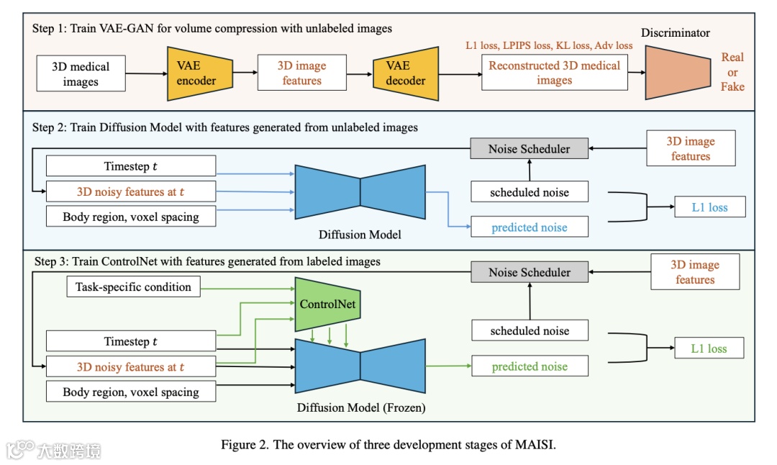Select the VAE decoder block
pyautogui.click(x=406, y=73)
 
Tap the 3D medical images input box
pyautogui.click(x=81, y=74)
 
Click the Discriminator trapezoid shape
pyautogui.click(x=677, y=72)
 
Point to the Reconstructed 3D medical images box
pyautogui.click(x=554, y=73)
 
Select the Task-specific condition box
pyautogui.click(x=134, y=287)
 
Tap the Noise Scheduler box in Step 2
pyautogui.click(x=529, y=149)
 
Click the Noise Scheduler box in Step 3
pyautogui.click(x=529, y=273)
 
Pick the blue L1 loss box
pyautogui.click(x=709, y=207)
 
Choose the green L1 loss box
pyautogui.click(x=709, y=348)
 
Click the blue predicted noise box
pyautogui.click(x=529, y=227)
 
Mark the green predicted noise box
pyautogui.click(x=529, y=366)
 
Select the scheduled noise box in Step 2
pyautogui.click(x=529, y=192)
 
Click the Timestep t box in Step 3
pyautogui.click(x=131, y=342)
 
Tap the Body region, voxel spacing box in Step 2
pyautogui.click(x=131, y=217)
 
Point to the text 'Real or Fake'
pyautogui.click(x=732, y=72)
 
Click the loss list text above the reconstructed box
pyautogui.click(x=549, y=46)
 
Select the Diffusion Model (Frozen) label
pyautogui.click(x=361, y=408)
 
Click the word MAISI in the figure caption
pyautogui.click(x=535, y=444)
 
